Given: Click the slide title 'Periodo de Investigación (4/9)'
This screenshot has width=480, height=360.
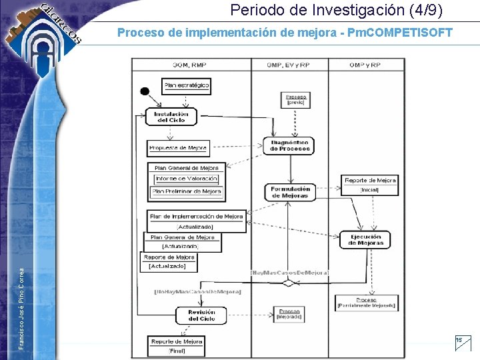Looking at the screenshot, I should pos(336,11).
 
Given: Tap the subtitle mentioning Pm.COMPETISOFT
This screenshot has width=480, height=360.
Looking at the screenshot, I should pos(285,32).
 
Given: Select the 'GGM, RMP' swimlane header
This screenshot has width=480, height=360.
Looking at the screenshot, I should pos(190,65).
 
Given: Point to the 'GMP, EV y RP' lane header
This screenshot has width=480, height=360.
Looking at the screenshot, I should pos(288,65).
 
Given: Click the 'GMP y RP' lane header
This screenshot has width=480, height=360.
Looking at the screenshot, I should pos(365,65).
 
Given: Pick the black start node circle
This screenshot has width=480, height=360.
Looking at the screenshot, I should pos(144,91).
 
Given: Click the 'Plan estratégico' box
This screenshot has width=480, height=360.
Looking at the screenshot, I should pos(187,85).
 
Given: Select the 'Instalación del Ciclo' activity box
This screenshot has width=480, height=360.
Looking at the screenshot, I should pos(171,117).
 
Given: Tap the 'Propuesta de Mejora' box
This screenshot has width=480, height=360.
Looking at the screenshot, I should pos(178,147).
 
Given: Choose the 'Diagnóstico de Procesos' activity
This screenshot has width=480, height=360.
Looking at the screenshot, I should pos(290,146).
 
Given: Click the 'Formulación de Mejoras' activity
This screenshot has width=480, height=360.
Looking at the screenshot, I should pos(290,192).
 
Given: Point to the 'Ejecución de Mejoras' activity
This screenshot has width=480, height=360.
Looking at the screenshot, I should pos(365,240).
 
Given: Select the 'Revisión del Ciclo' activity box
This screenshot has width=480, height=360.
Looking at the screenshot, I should pos(201,315).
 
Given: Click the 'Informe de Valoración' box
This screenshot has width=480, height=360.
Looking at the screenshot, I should pos(187,179).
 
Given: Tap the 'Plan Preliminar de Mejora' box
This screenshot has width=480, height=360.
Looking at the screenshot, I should pos(187,191).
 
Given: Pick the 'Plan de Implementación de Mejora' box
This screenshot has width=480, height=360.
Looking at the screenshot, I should pos(197,217).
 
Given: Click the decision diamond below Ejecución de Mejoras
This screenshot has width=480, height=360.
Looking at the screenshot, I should pos(289,283).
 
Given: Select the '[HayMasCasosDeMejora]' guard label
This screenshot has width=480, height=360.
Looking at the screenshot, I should pos(289,273).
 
